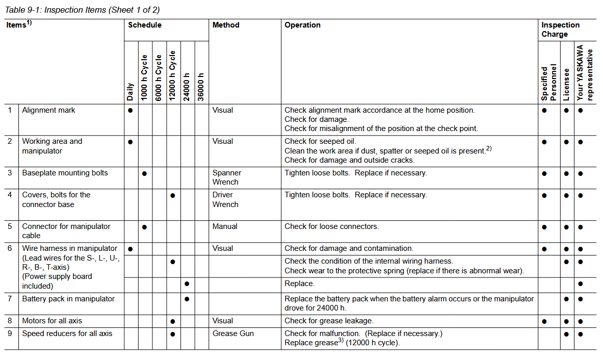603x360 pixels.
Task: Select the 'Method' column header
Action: tap(226, 25)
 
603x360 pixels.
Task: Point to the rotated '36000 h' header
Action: tap(201, 86)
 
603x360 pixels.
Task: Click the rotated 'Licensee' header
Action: tap(566, 84)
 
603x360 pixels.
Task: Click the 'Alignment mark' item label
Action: tap(49, 110)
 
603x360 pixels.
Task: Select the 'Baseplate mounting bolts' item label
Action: tap(65, 173)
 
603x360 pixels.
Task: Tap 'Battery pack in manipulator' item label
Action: tap(68, 299)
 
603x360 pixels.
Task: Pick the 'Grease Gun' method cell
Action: tap(233, 333)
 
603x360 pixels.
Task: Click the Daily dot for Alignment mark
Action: tap(130, 110)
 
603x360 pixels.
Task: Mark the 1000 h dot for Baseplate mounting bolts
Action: tap(145, 173)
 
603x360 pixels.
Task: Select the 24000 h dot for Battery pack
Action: tap(187, 299)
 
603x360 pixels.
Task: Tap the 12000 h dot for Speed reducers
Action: tap(173, 334)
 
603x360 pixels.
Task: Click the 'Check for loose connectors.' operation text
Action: tap(332, 226)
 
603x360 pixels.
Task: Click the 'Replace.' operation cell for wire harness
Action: tap(300, 284)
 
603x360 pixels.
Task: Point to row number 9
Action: tap(10, 333)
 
